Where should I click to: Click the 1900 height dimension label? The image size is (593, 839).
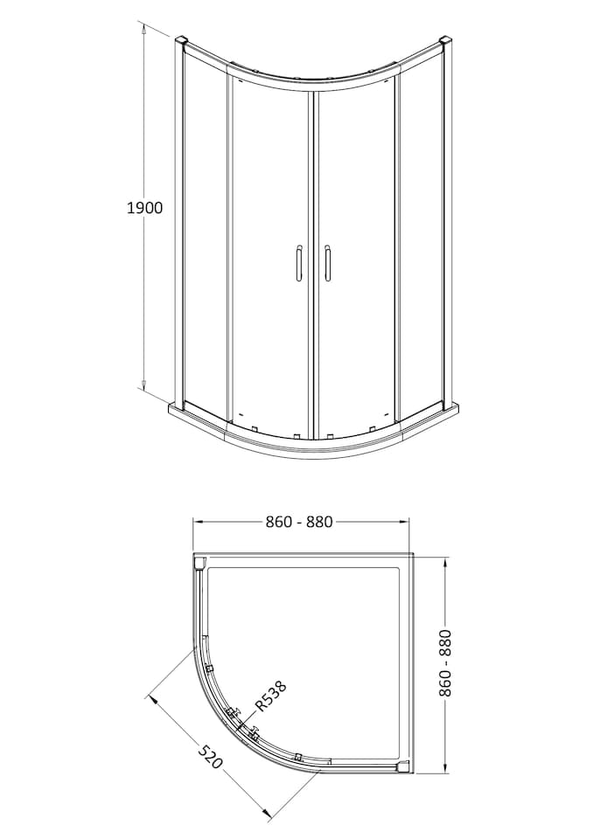145,208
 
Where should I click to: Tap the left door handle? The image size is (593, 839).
298,263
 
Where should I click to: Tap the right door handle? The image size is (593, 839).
328,263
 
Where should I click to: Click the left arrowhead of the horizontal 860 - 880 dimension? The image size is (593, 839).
198,522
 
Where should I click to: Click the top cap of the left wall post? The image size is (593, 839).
181,41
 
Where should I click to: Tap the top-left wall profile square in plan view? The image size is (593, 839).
199,563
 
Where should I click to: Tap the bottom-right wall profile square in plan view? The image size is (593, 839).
402,767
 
